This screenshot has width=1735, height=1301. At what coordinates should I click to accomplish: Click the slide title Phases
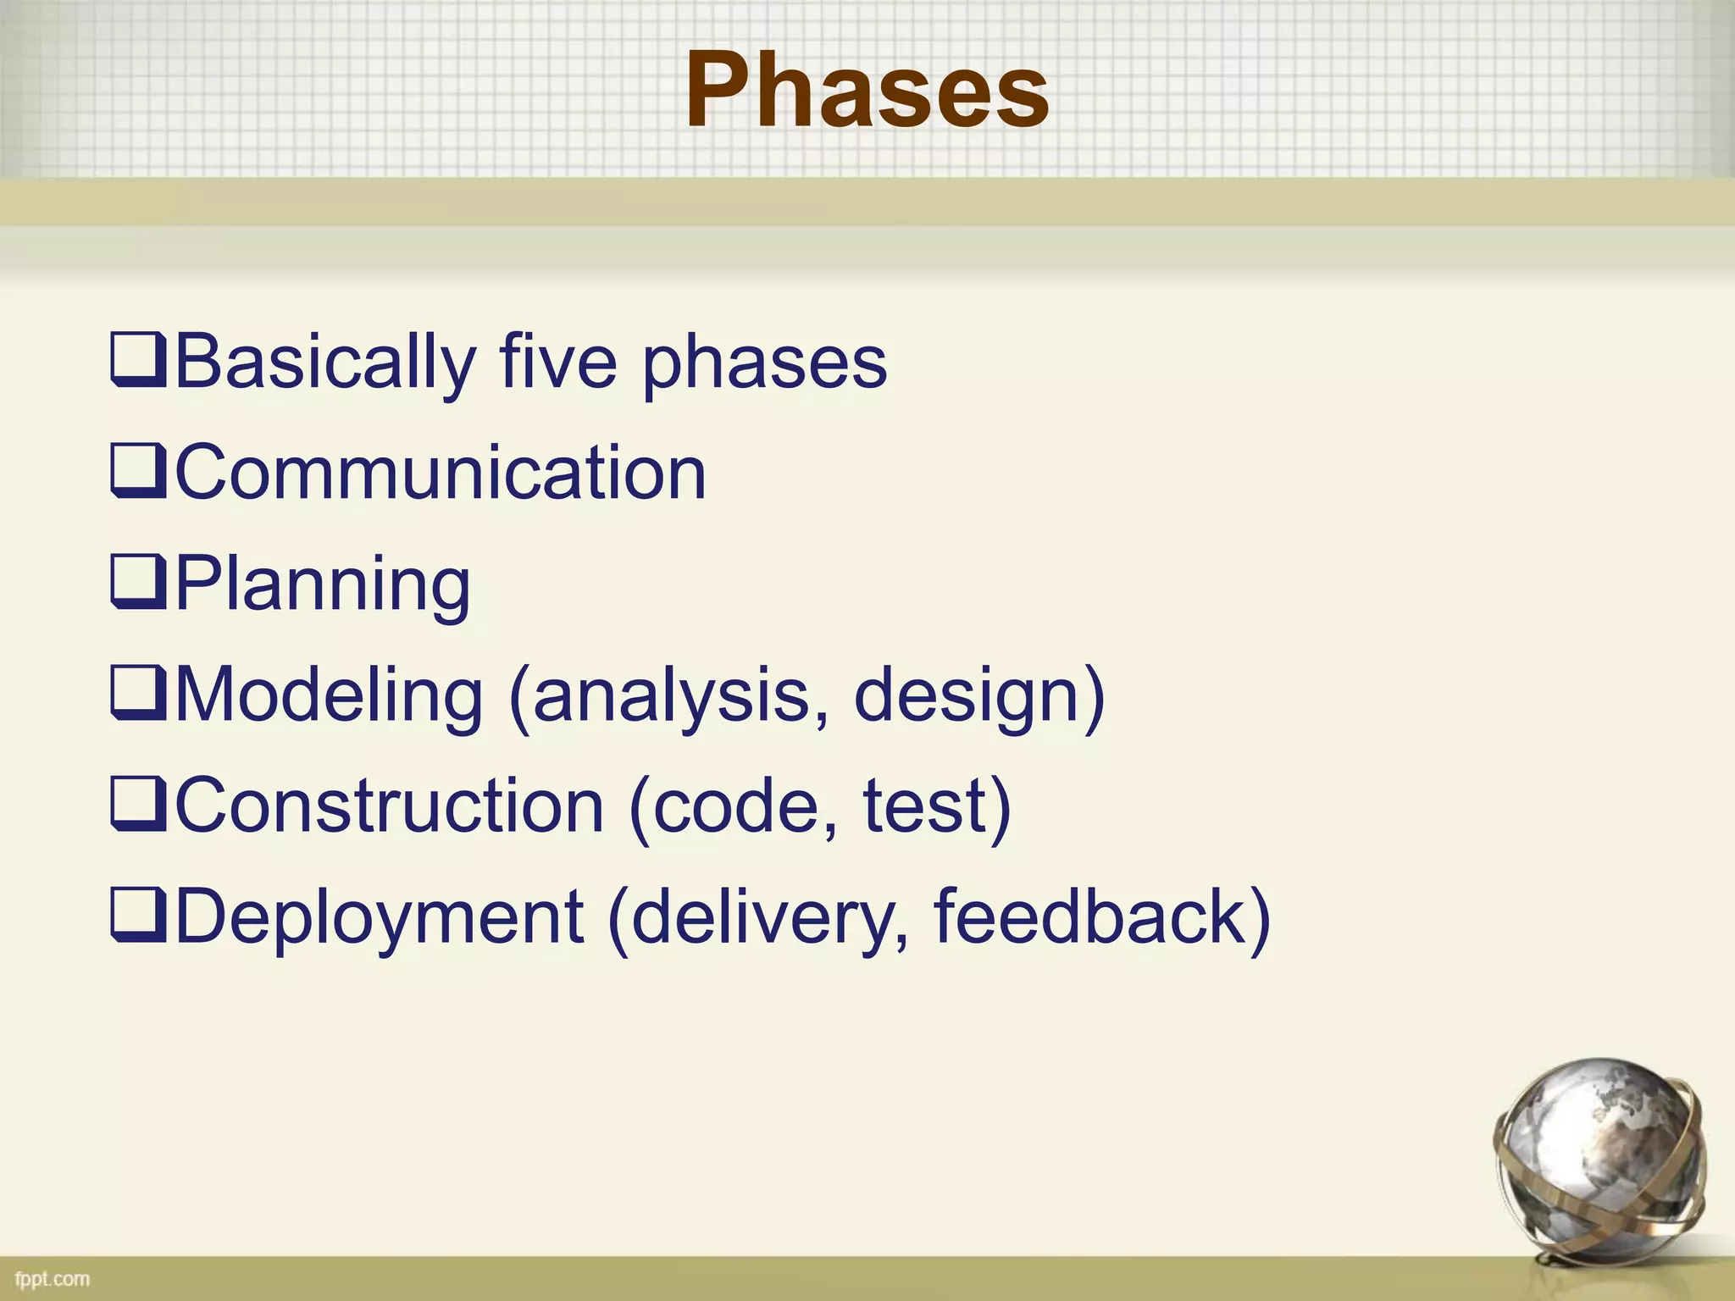tap(867, 91)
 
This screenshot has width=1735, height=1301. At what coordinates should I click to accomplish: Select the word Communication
tap(441, 473)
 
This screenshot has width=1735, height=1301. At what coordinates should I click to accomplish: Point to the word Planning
tap(323, 584)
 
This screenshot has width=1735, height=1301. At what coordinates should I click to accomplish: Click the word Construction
tap(390, 806)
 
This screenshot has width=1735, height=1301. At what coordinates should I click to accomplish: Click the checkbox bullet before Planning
tap(137, 584)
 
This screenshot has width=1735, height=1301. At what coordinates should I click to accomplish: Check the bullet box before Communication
tap(137, 473)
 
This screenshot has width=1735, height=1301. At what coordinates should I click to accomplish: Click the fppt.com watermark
tap(53, 1278)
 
